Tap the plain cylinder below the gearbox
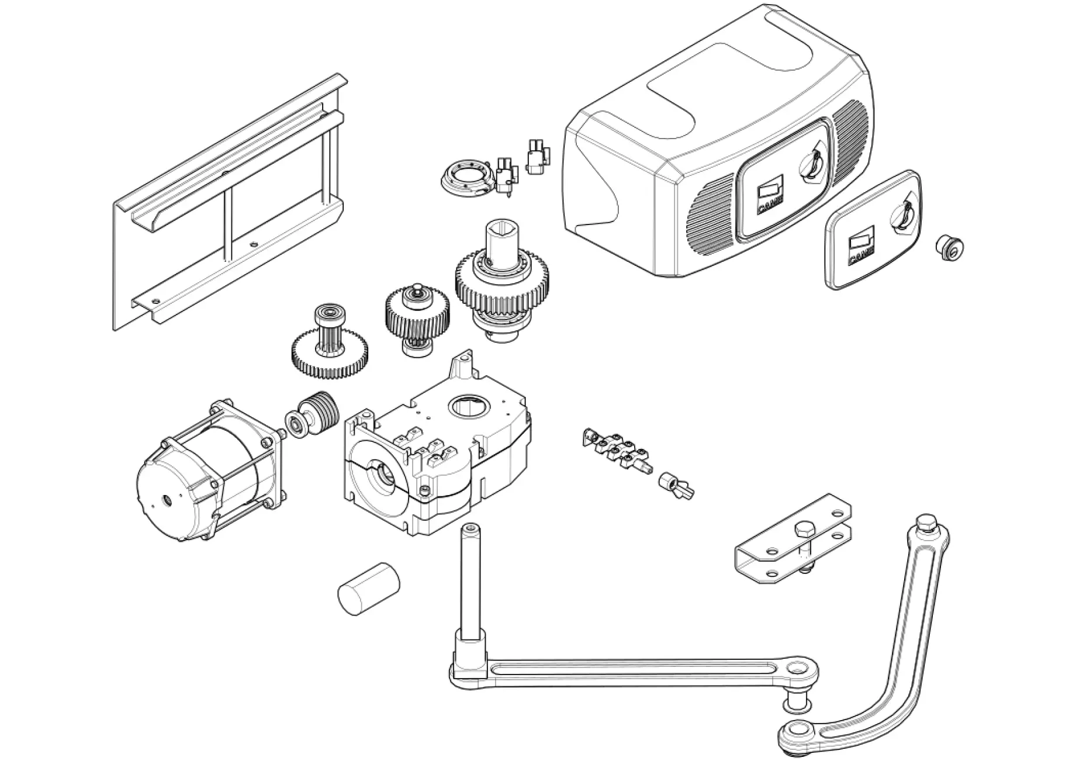click(369, 587)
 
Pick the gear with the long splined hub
click(330, 345)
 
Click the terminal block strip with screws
click(615, 448)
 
